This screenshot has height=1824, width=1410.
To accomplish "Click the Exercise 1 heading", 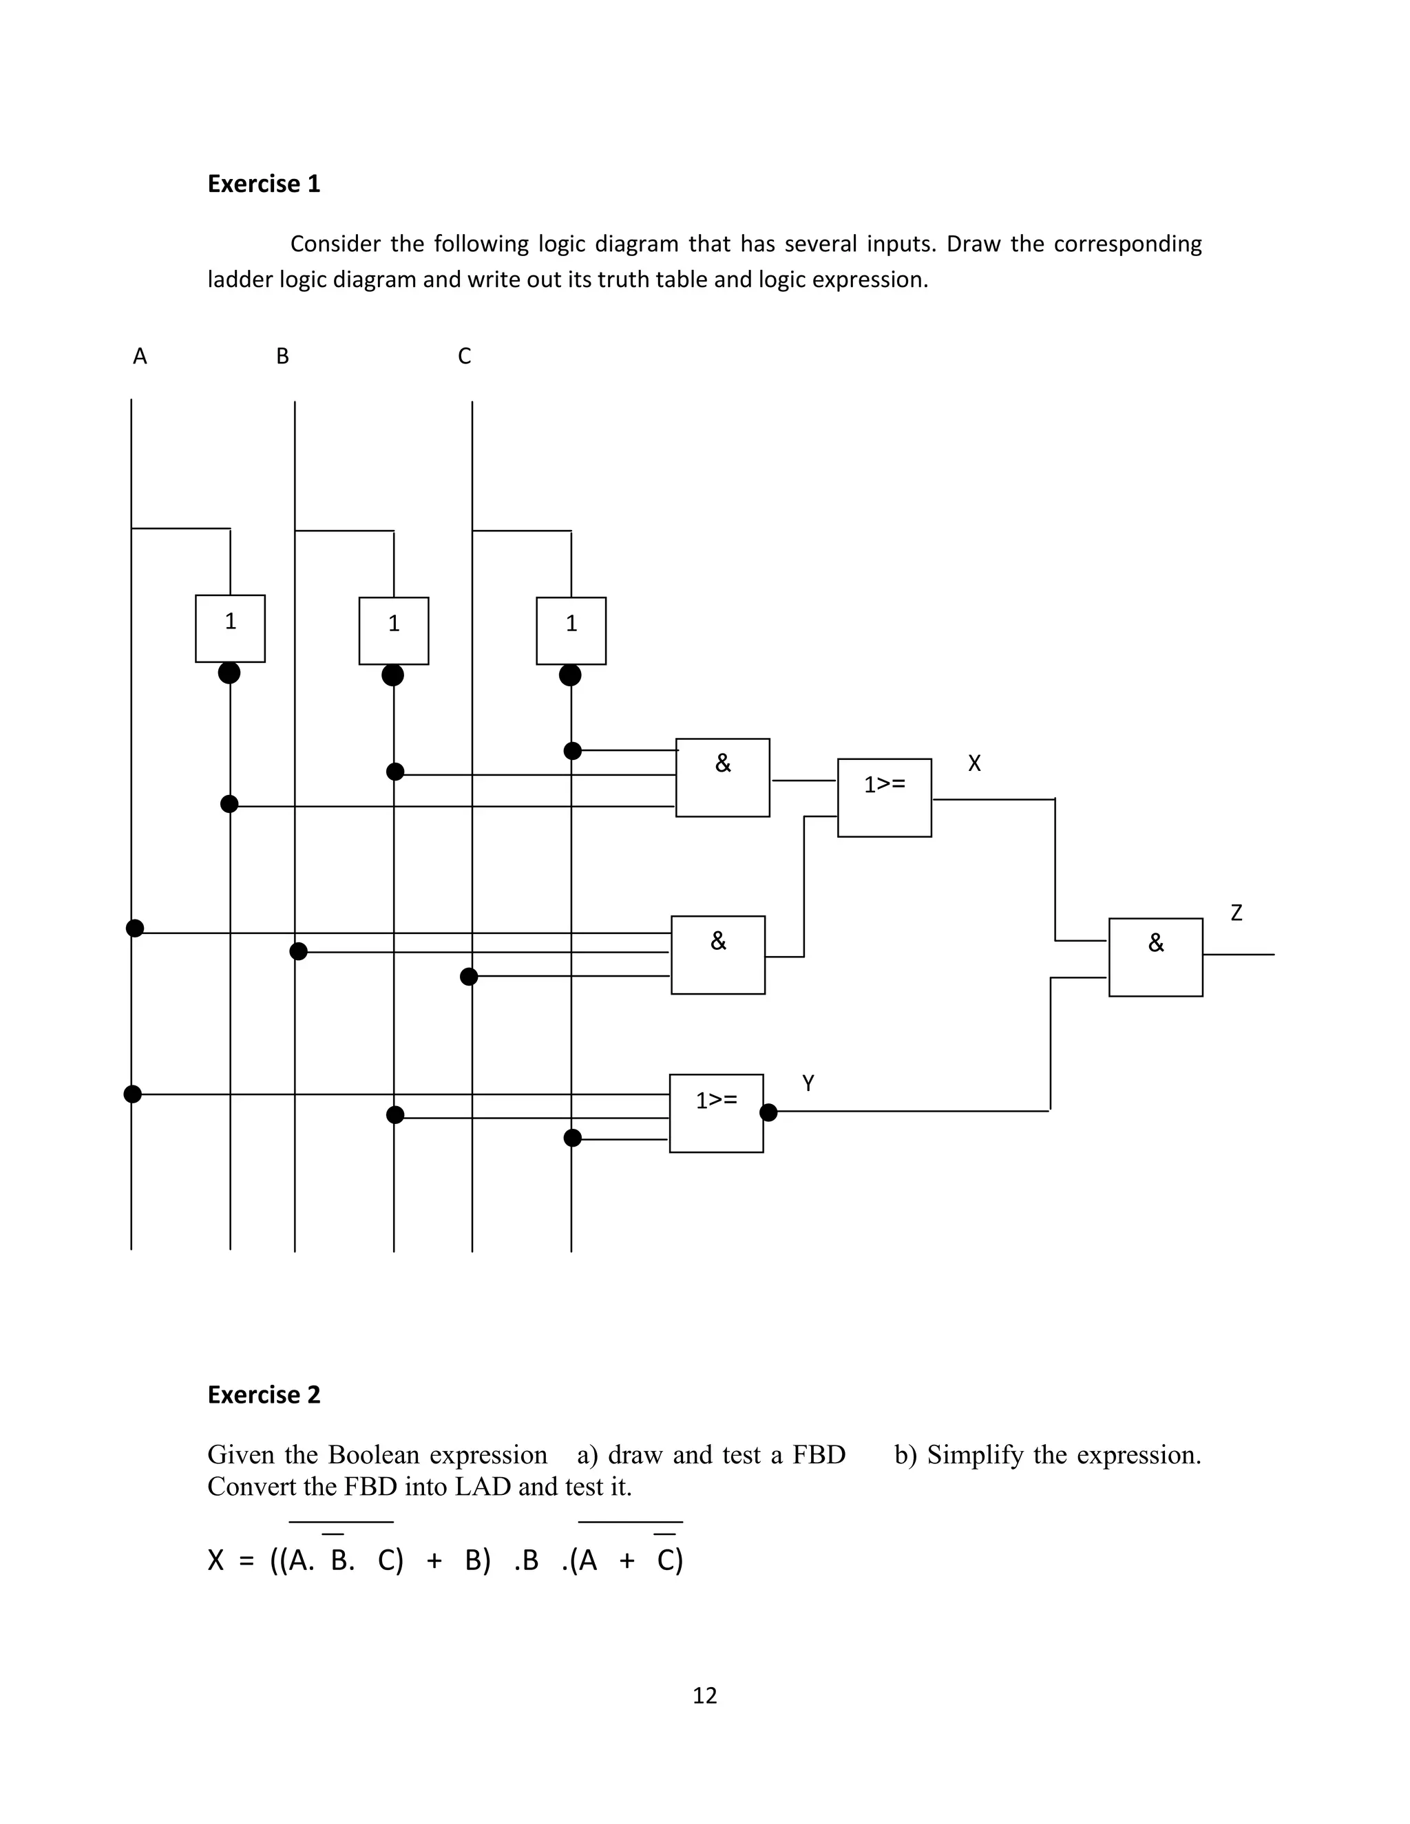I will click(x=263, y=184).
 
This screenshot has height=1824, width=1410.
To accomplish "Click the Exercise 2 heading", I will click(x=263, y=1394).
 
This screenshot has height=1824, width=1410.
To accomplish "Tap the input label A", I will click(x=140, y=357).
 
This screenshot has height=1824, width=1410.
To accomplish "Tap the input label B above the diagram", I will click(x=282, y=357).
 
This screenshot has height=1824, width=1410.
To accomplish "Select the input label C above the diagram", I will click(x=465, y=357).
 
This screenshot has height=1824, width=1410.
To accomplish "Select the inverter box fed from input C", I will click(x=571, y=630).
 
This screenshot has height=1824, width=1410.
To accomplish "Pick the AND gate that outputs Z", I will click(x=1155, y=957).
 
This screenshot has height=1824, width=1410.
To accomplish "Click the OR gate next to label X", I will click(x=884, y=798).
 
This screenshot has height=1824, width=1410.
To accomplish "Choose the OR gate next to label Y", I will click(x=716, y=1113).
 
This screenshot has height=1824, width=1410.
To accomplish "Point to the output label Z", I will click(x=1237, y=913).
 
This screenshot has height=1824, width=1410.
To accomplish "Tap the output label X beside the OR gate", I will click(x=974, y=763).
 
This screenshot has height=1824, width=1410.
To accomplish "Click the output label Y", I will click(x=808, y=1083).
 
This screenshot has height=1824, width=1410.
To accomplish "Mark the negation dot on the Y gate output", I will click(x=768, y=1112).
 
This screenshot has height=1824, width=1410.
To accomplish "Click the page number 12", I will click(x=704, y=1695).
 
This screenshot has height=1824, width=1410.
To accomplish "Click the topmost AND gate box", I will click(x=722, y=778).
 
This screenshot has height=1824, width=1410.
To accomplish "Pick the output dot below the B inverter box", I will click(x=392, y=675).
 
